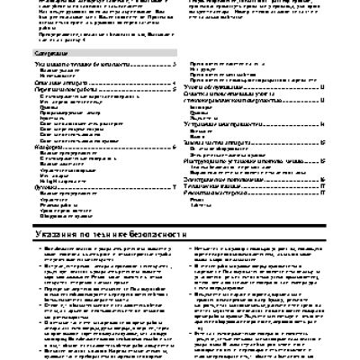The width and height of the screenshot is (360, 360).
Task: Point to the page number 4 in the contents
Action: pos(173,82)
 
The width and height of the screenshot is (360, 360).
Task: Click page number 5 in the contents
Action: pos(173,88)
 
